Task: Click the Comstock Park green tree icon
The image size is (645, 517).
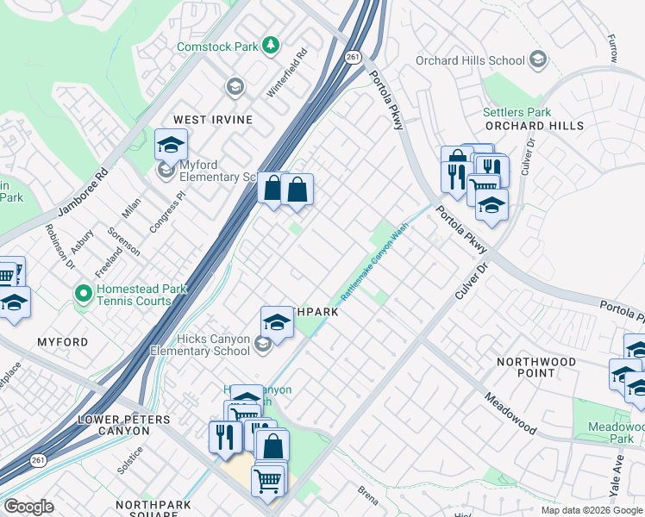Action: coord(271,44)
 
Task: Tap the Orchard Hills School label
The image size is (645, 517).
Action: coord(470,60)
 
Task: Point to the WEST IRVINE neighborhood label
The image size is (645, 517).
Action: coord(213,120)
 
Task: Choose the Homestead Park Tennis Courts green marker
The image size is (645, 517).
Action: coord(84,295)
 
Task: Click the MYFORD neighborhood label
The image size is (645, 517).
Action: coord(62,342)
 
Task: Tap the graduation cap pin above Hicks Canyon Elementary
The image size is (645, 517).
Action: coord(276,321)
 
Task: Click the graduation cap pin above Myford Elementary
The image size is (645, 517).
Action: coord(171,144)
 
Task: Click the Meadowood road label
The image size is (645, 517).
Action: coord(510,414)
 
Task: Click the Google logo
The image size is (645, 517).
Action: coord(28,507)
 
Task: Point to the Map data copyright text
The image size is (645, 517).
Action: coord(591,510)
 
